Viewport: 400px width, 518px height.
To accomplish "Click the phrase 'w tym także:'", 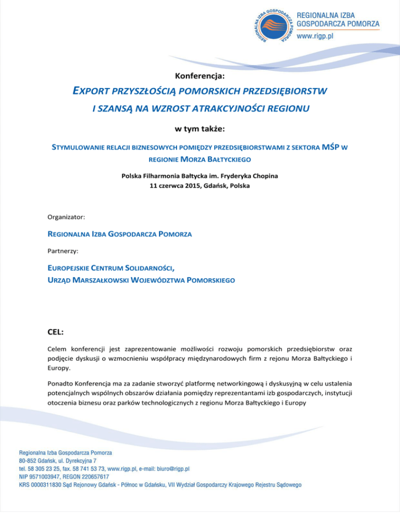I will click(x=200, y=129).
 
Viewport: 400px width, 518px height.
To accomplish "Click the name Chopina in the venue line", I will click(x=264, y=176).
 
